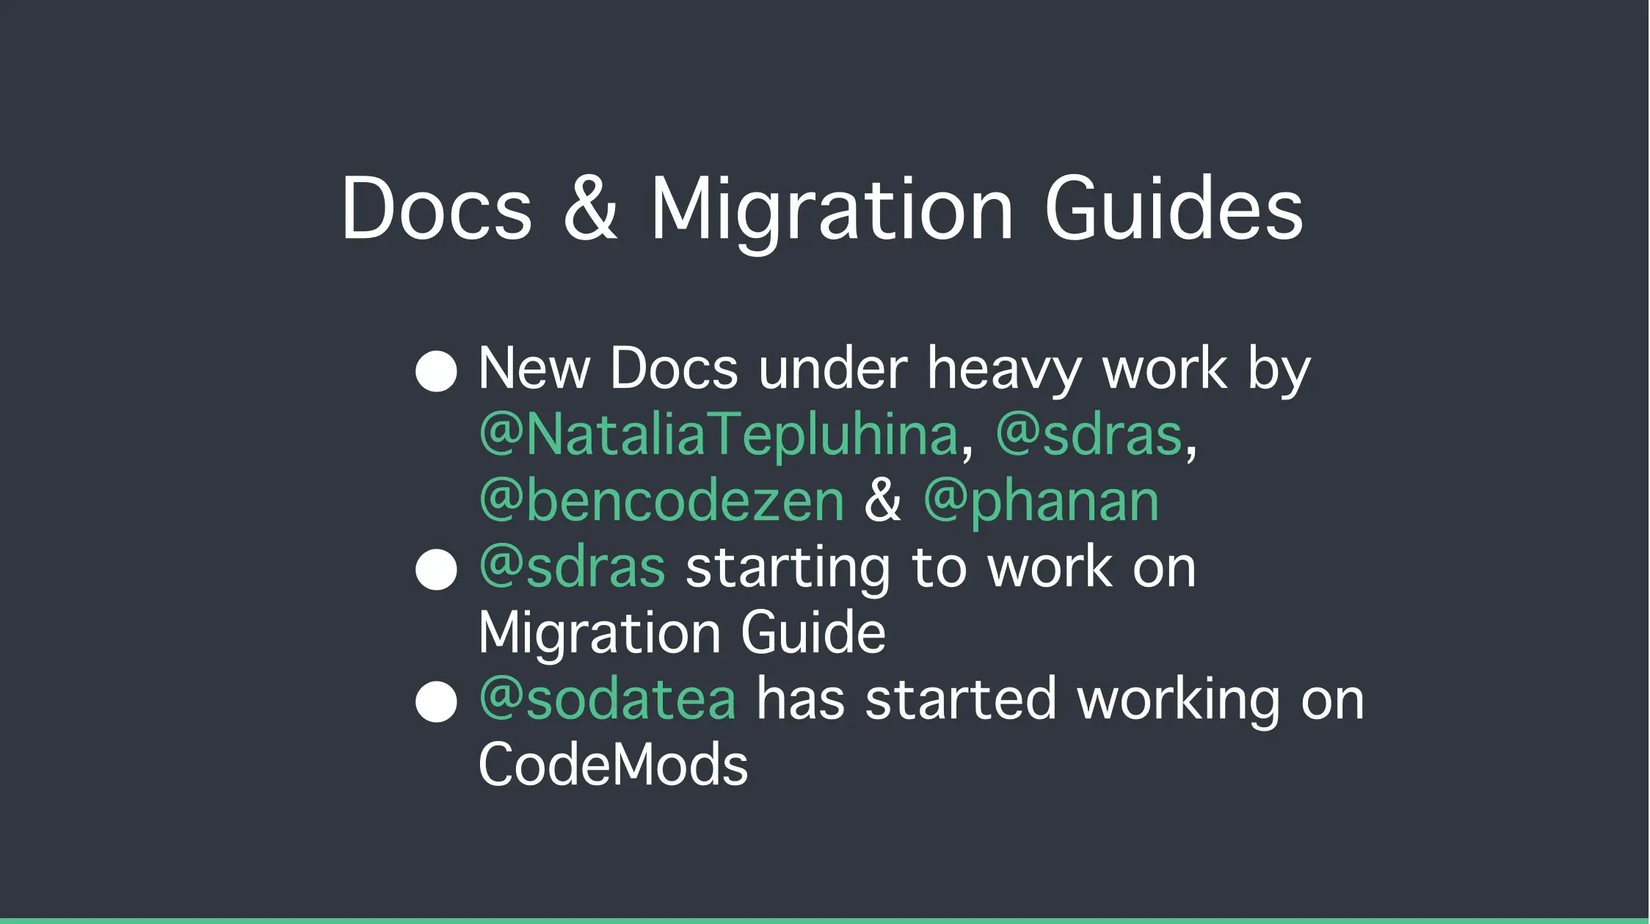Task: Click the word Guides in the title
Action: [x=1174, y=209]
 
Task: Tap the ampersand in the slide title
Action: [x=591, y=209]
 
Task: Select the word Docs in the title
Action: [x=437, y=209]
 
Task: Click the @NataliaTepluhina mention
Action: [x=719, y=435]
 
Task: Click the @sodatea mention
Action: [x=608, y=699]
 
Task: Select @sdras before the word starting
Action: [x=573, y=567]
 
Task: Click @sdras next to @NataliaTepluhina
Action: [x=1089, y=435]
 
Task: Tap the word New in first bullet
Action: [x=534, y=369]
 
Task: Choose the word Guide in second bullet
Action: [x=813, y=633]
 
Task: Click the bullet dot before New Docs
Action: [x=436, y=371]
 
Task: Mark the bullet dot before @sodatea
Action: [x=436, y=701]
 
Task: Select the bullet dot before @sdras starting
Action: [x=436, y=569]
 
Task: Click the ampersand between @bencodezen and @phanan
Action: [x=883, y=500]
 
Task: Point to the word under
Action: [x=833, y=369]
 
